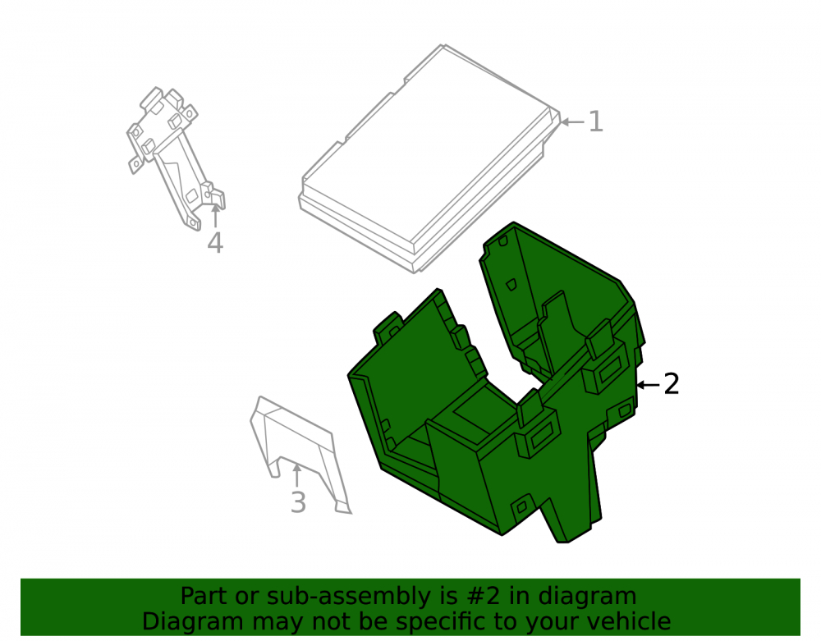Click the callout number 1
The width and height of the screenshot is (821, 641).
pos(595,121)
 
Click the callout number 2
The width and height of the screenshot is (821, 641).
pos(672,384)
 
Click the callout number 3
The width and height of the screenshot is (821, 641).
pos(298,502)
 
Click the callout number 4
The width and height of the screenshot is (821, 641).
pos(215,243)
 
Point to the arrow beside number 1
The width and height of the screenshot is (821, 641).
pos(572,122)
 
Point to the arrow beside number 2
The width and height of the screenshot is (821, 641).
pos(648,385)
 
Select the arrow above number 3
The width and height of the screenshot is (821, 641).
pos(297,476)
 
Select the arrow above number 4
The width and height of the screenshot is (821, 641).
pos(215,216)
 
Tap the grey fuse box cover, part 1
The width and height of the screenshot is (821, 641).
pos(429,157)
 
